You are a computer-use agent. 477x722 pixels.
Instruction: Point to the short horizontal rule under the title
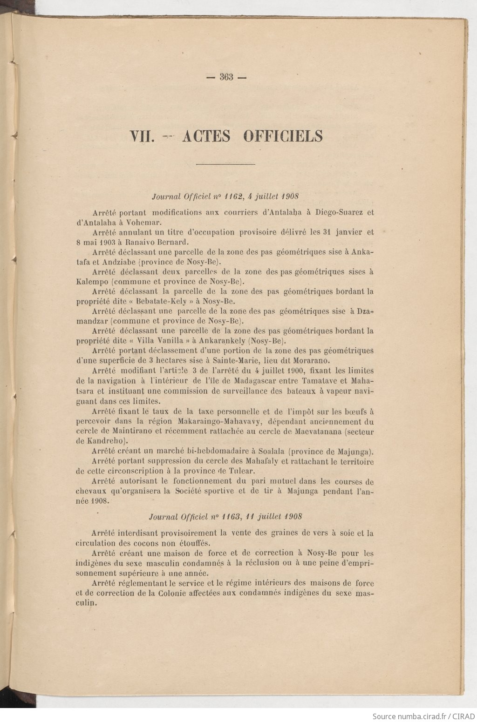226,164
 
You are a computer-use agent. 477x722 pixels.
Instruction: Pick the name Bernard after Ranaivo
170,242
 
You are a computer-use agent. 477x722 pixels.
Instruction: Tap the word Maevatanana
317,432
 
